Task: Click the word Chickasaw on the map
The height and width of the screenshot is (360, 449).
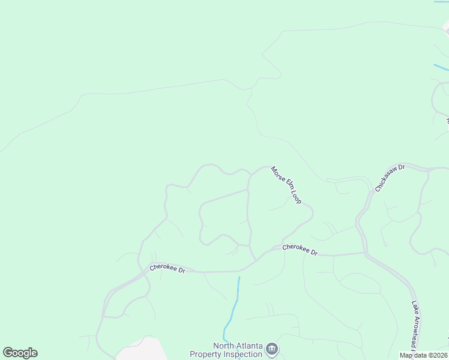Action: [387, 179]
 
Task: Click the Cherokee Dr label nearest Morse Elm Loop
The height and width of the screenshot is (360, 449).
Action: [300, 250]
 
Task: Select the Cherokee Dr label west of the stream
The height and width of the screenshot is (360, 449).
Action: [167, 269]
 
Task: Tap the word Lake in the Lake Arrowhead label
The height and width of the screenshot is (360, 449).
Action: [414, 309]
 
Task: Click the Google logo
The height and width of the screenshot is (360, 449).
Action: [20, 353]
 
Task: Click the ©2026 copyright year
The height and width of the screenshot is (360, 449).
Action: [438, 355]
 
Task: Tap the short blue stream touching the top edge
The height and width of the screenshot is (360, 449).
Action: [441, 2]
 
